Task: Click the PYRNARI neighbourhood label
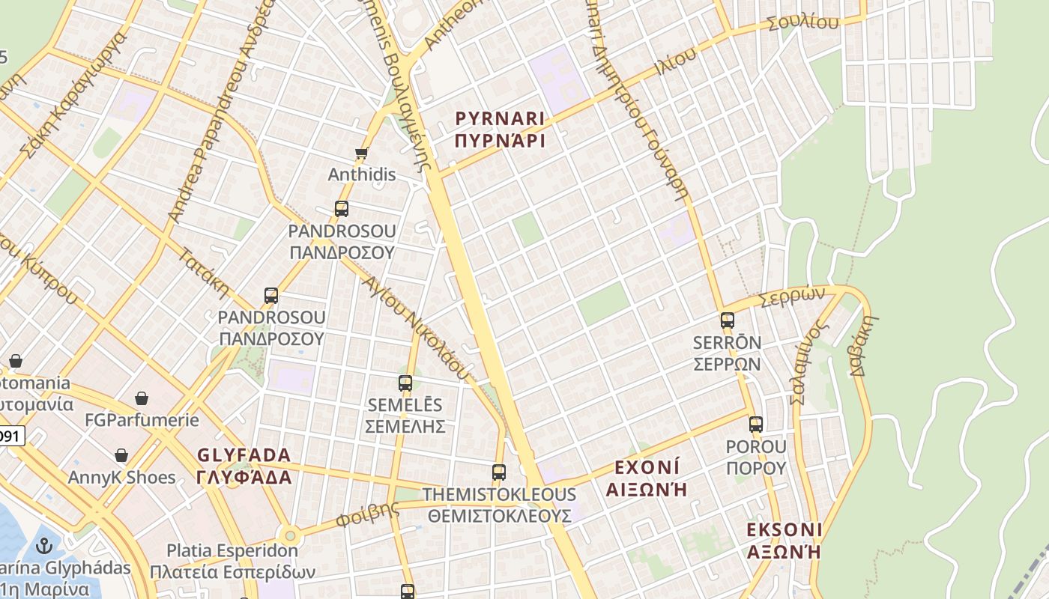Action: pyautogui.click(x=500, y=118)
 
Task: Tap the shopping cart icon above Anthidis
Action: pyautogui.click(x=362, y=153)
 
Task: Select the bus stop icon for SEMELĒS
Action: pyautogui.click(x=405, y=383)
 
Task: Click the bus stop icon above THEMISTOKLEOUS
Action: pyautogui.click(x=499, y=472)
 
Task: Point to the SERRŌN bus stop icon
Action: pyautogui.click(x=727, y=320)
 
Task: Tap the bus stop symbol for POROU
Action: pyautogui.click(x=755, y=425)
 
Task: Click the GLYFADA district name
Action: pyautogui.click(x=244, y=455)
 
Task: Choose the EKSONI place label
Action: pyautogui.click(x=785, y=530)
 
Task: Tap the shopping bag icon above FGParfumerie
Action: pyautogui.click(x=142, y=398)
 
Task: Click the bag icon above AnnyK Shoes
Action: pyautogui.click(x=121, y=455)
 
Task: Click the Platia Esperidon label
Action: pyautogui.click(x=232, y=550)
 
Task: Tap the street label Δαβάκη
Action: pyautogui.click(x=864, y=346)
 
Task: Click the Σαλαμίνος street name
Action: pyautogui.click(x=808, y=363)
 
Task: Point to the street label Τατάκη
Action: pyautogui.click(x=203, y=272)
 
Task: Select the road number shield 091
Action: pyautogui.click(x=10, y=436)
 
